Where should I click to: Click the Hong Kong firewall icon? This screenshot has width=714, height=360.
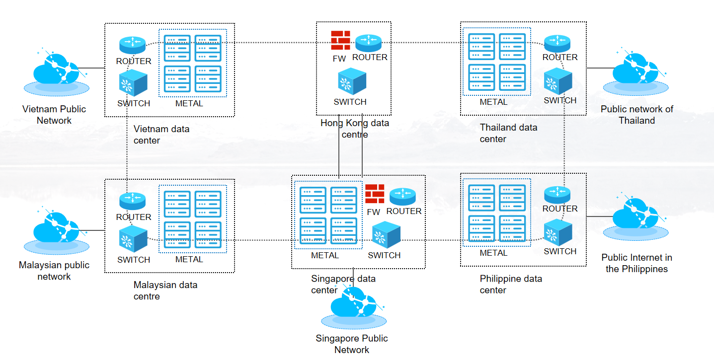click(x=340, y=40)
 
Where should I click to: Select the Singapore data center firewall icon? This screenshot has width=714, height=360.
click(x=375, y=194)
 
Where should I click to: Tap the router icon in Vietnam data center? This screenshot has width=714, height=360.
click(x=133, y=45)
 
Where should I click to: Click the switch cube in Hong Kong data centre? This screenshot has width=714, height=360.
click(x=352, y=81)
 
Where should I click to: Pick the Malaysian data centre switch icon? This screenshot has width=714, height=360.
click(x=133, y=239)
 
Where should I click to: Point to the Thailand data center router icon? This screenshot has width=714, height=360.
click(x=557, y=43)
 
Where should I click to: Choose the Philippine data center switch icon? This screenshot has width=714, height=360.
click(x=558, y=233)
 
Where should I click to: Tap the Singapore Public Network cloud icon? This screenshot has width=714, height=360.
click(x=352, y=307)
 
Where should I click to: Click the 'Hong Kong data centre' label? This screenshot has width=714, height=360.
click(x=354, y=129)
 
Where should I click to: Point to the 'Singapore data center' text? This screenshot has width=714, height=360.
click(x=343, y=285)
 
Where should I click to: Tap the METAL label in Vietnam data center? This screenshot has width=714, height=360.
click(x=189, y=104)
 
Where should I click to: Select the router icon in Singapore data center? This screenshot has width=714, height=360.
click(x=402, y=197)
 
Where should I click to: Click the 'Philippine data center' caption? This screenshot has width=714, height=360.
click(x=510, y=285)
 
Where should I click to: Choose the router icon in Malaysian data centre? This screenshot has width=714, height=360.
click(x=133, y=201)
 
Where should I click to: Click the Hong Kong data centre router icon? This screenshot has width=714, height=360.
click(x=368, y=43)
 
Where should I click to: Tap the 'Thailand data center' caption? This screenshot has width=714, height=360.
click(x=508, y=133)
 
